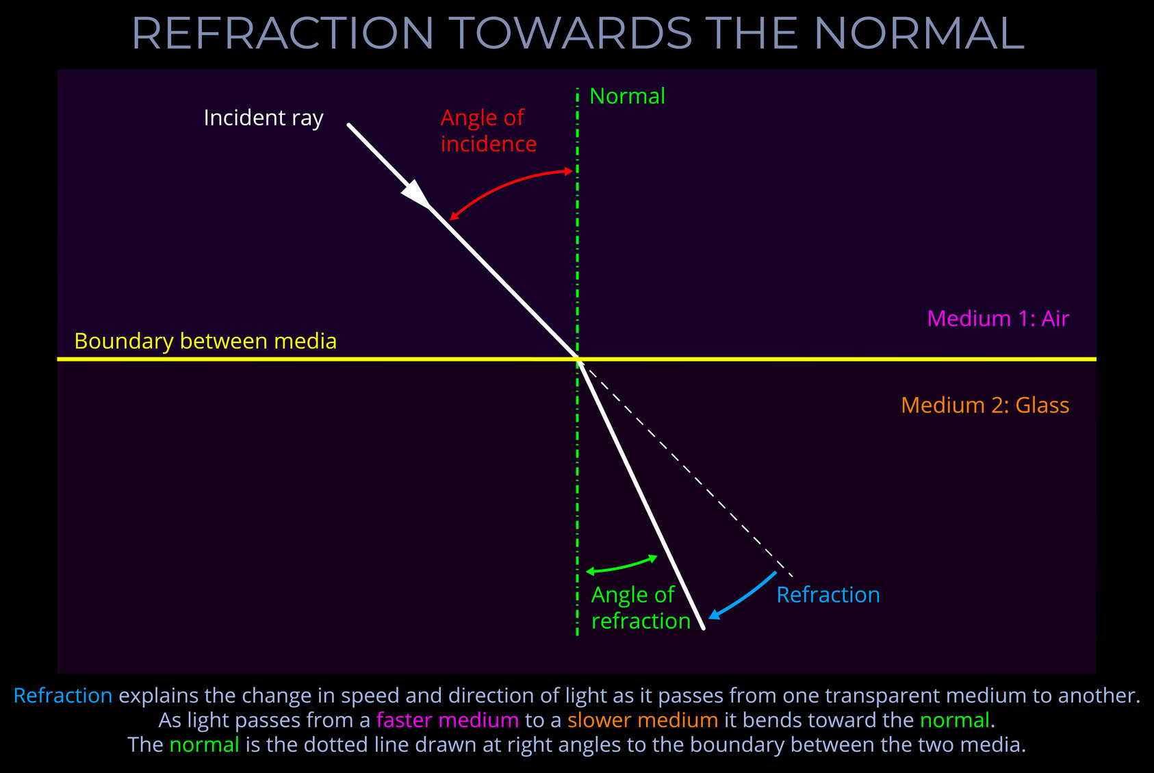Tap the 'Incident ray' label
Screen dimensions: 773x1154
[264, 118]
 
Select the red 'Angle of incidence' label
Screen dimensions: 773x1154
[487, 131]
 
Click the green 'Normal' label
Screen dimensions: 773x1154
[627, 96]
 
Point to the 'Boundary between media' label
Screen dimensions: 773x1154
[205, 341]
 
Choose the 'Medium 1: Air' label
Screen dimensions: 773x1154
[998, 318]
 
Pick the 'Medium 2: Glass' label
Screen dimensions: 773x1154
[985, 405]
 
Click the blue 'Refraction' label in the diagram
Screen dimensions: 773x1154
[828, 594]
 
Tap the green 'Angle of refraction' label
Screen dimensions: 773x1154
[640, 608]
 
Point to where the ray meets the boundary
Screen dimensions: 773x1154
[578, 359]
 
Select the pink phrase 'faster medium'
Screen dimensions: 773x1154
[447, 720]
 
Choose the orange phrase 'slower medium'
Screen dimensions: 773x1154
[642, 720]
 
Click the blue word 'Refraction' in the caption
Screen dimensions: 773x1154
[63, 695]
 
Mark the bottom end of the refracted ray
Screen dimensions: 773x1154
[703, 626]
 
